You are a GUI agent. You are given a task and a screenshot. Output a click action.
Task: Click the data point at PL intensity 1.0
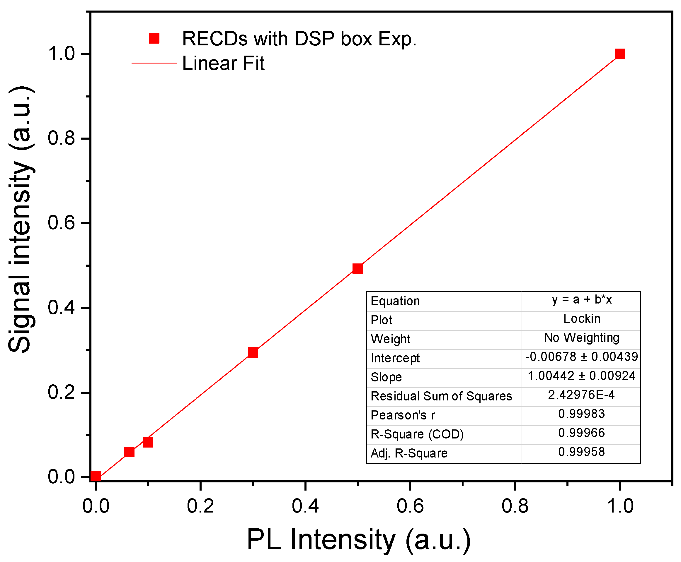pos(619,54)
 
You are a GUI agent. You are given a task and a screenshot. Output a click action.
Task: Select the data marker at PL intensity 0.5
pos(357,268)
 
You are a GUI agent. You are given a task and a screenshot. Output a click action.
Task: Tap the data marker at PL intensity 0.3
pos(253,352)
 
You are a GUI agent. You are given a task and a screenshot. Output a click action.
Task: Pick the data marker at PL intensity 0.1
pos(148,442)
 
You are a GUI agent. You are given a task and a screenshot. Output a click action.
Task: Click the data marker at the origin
pos(96,476)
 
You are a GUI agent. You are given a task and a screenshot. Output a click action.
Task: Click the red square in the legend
pos(154,38)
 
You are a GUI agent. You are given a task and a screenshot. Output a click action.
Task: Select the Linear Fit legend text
pos(223,63)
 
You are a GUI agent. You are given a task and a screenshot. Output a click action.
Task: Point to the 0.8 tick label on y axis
pos(61,138)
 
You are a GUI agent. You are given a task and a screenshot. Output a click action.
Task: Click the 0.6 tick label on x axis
pos(410,506)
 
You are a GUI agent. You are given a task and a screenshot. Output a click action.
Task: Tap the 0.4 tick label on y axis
pos(61,308)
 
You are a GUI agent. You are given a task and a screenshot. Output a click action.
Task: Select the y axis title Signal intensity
pos(21,220)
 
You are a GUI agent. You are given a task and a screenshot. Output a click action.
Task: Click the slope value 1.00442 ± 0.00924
pos(581,376)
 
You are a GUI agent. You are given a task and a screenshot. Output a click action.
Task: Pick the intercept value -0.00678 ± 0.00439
pos(581,357)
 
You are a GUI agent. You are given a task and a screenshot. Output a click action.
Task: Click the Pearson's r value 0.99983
pos(581,414)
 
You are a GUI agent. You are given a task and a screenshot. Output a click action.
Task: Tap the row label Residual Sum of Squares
pos(441,396)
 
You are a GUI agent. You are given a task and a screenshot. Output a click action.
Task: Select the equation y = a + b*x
pos(581,299)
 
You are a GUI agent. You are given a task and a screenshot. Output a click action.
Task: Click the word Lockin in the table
pos(581,318)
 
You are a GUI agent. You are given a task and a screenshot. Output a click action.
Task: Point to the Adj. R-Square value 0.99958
pos(581,452)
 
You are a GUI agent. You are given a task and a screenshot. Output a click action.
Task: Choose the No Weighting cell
pos(581,338)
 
